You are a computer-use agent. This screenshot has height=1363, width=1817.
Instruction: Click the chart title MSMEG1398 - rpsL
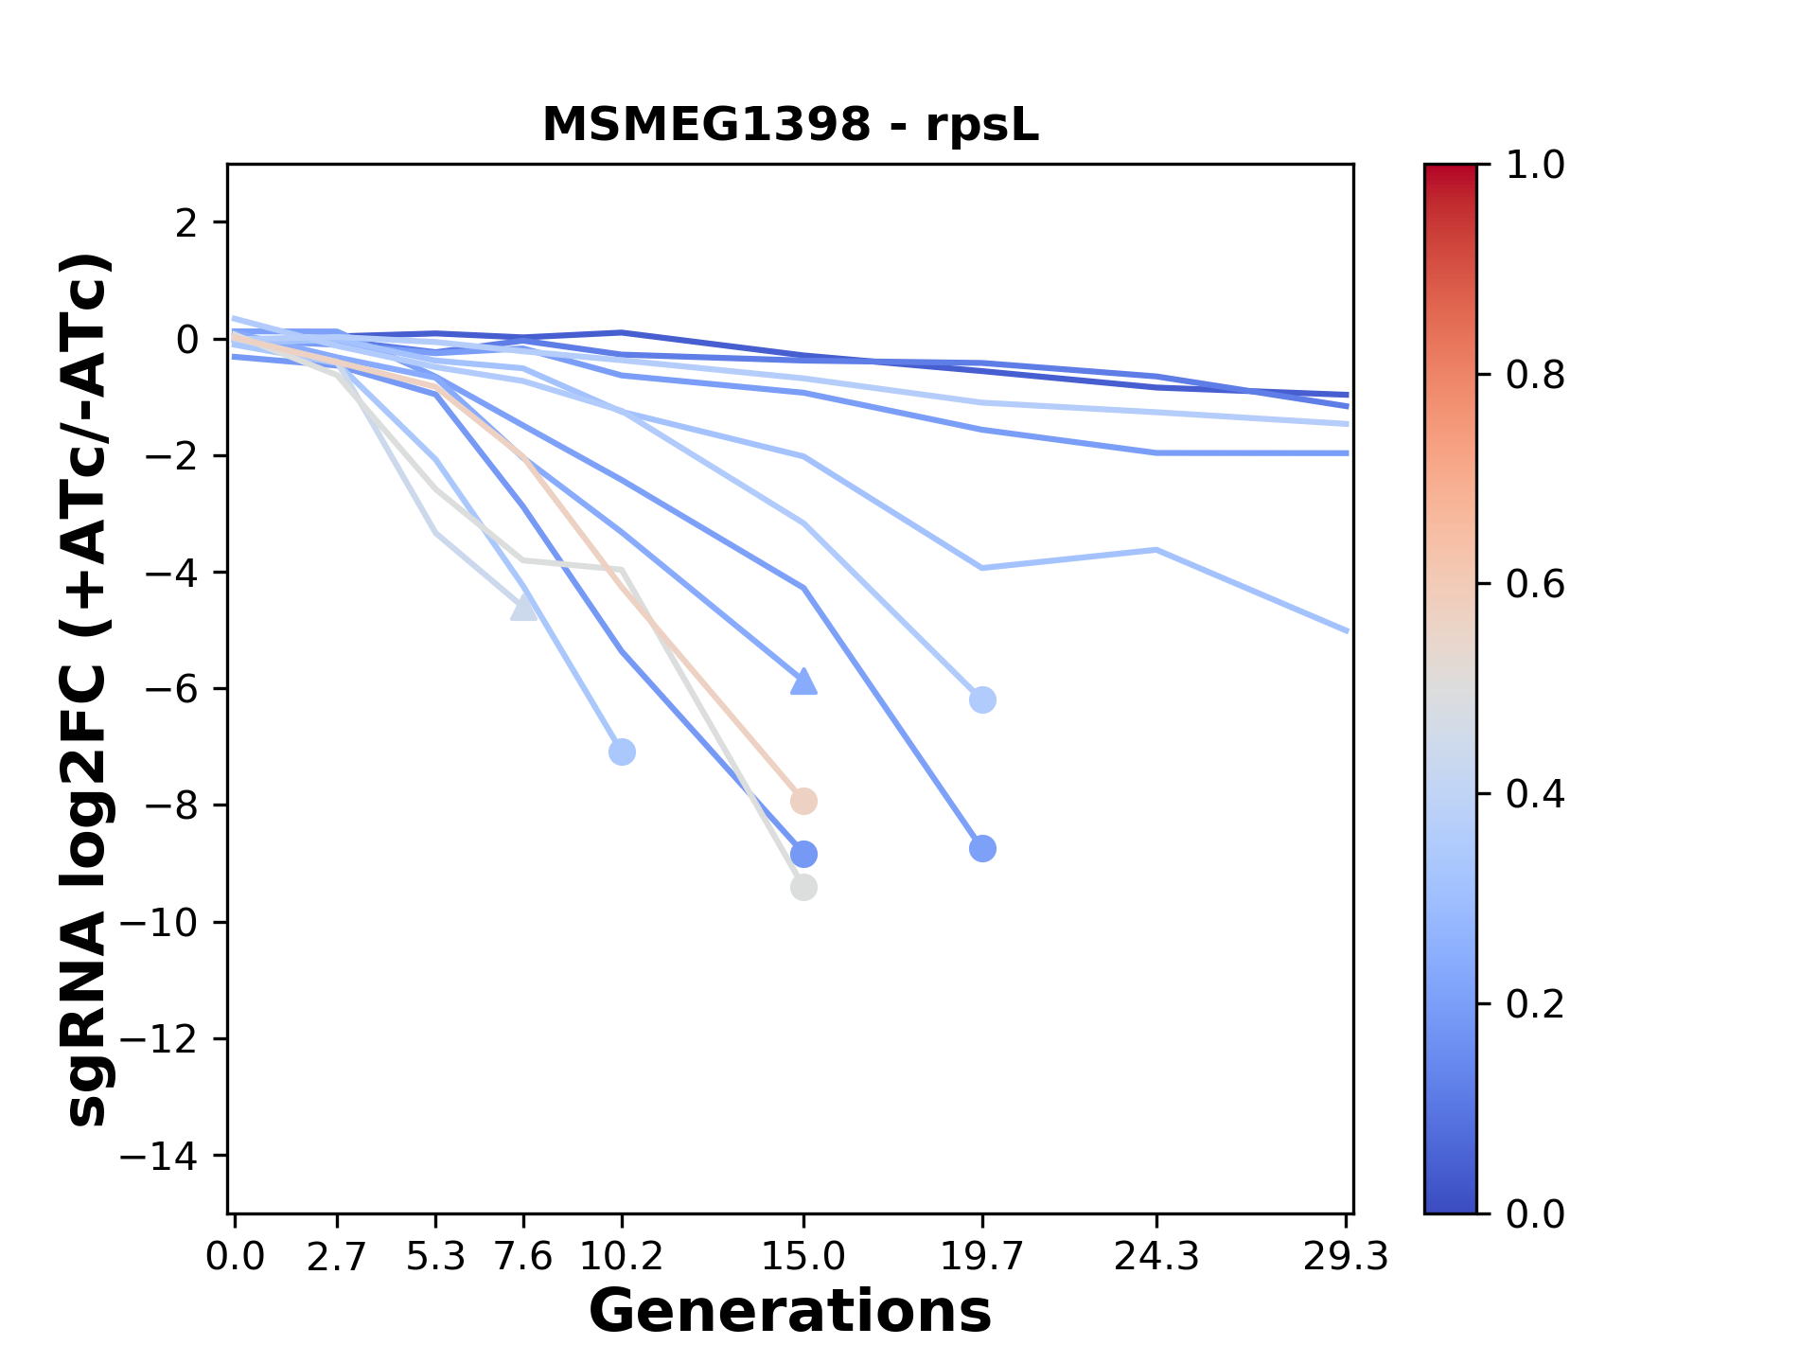790,125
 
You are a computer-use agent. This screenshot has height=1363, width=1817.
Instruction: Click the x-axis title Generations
790,1312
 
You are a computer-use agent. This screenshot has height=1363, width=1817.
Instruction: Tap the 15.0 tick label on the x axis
803,1257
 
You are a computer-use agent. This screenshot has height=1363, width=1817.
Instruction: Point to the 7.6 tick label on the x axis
523,1257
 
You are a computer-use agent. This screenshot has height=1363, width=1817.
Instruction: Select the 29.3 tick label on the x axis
1345,1257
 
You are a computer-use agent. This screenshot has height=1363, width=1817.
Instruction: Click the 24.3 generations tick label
1156,1257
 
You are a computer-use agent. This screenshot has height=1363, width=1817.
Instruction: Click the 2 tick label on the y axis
186,223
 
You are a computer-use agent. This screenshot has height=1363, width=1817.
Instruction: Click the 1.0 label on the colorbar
1535,165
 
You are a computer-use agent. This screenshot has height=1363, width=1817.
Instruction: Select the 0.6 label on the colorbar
1535,584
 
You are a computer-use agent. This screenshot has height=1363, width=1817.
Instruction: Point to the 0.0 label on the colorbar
1535,1213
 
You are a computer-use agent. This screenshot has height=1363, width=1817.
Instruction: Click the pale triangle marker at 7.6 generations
523,609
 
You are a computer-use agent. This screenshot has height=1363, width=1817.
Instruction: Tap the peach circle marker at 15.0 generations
803,802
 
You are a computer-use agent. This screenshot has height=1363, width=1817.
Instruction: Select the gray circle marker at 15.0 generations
803,888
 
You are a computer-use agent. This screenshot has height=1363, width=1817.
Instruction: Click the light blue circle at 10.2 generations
622,752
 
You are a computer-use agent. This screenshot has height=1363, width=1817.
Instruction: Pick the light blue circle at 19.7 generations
982,700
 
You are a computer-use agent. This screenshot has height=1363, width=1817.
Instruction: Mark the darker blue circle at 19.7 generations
982,849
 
